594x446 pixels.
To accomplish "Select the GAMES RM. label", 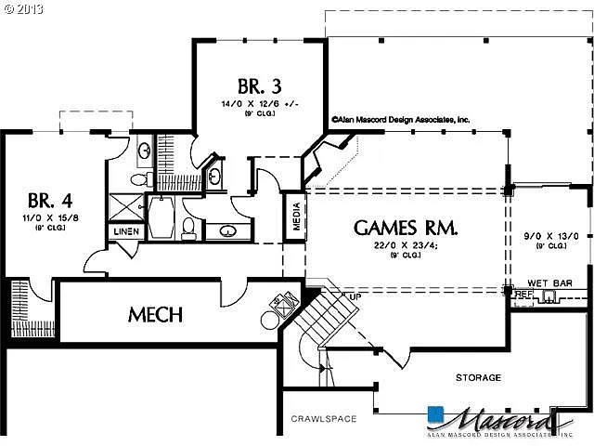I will coord(406,228).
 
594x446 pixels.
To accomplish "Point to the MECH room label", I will coord(155,314).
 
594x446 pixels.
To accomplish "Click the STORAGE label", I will coord(478,377).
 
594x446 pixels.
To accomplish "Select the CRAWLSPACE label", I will coord(324,419).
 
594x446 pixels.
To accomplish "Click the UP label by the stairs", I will coord(355,296).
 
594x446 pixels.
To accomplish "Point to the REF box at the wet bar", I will coord(524,294).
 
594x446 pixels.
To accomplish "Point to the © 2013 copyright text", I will coord(25,8).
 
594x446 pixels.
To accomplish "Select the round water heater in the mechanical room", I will coord(271,320).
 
